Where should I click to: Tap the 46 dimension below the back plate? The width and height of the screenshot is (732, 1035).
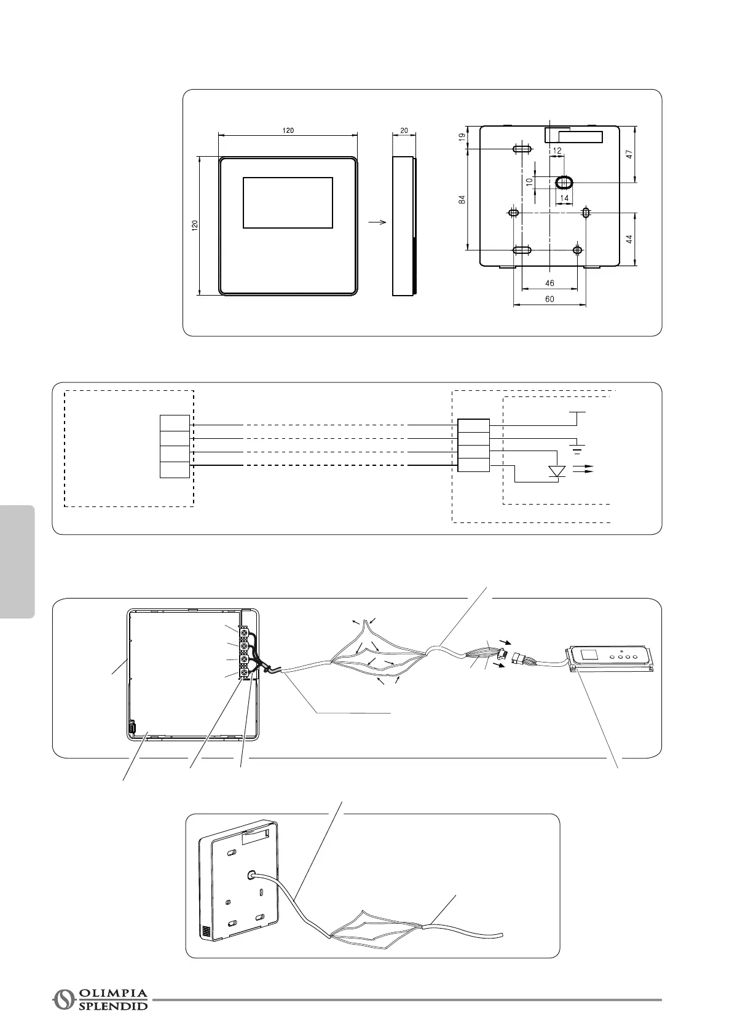click(549, 283)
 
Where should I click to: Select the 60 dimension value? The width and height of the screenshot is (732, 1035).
click(549, 299)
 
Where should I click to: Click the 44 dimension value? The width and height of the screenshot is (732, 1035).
click(630, 239)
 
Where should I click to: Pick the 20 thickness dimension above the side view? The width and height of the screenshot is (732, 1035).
click(404, 130)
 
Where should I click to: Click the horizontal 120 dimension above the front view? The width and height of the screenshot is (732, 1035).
click(288, 130)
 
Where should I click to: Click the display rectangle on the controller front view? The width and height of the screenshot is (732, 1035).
click(288, 203)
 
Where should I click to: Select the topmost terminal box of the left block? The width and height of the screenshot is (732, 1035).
click(175, 423)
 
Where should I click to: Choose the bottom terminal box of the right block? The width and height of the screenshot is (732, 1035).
click(474, 465)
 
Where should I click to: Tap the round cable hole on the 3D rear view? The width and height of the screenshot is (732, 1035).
click(252, 874)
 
